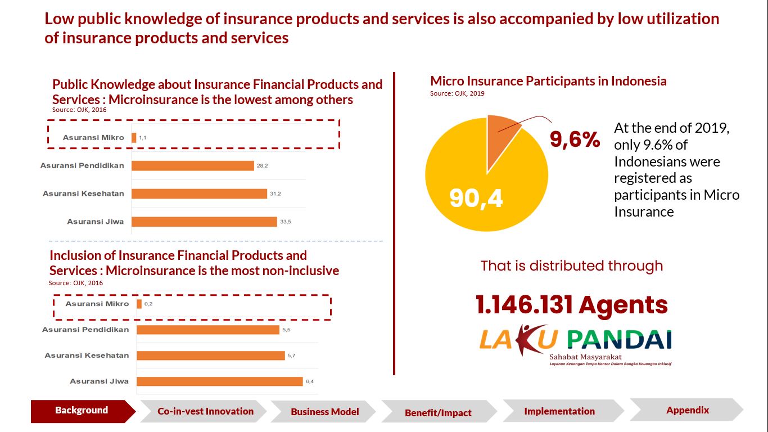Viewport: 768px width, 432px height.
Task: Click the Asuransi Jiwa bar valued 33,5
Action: point(204,221)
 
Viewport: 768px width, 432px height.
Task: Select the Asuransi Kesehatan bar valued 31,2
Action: point(199,193)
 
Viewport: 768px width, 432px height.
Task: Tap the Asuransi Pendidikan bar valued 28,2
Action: point(193,165)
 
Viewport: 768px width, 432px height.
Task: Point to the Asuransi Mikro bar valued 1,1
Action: point(134,137)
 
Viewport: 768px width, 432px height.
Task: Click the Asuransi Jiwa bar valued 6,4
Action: point(219,381)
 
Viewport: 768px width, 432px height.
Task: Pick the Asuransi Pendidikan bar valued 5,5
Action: point(207,330)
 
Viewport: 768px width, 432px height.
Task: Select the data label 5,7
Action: point(291,355)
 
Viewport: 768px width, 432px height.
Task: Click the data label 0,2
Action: point(148,304)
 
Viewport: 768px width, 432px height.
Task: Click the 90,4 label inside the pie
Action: point(476,198)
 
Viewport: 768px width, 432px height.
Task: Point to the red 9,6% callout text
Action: point(575,139)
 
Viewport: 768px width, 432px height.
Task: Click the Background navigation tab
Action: point(82,411)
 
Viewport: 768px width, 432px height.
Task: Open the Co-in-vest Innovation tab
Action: point(205,411)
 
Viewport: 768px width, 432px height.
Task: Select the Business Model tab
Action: point(324,412)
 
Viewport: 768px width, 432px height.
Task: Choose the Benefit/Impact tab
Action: point(438,413)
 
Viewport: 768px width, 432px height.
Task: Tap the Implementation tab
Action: point(559,411)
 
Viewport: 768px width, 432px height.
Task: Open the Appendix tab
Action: point(688,410)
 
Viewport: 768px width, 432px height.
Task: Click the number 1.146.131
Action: point(523,305)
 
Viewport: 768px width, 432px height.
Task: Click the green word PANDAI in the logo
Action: point(619,340)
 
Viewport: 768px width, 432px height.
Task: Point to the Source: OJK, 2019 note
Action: point(457,93)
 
